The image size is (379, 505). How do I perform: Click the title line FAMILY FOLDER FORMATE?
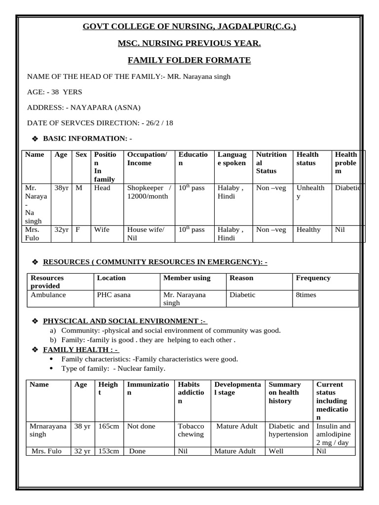189,61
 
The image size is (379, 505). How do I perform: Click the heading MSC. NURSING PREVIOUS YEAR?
189,44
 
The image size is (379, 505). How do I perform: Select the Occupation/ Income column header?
147,159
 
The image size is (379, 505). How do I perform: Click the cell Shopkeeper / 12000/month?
148,192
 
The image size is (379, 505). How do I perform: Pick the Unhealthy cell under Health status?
310,192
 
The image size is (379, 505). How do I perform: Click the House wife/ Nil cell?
146,233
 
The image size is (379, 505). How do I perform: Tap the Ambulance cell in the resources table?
48,295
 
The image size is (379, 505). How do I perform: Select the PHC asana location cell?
114,295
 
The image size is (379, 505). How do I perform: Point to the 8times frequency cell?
306,295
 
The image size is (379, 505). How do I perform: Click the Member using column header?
187,278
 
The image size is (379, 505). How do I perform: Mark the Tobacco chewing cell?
191,430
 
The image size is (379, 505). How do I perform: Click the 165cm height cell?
108,426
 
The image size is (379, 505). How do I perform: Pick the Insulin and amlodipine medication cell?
334,430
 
